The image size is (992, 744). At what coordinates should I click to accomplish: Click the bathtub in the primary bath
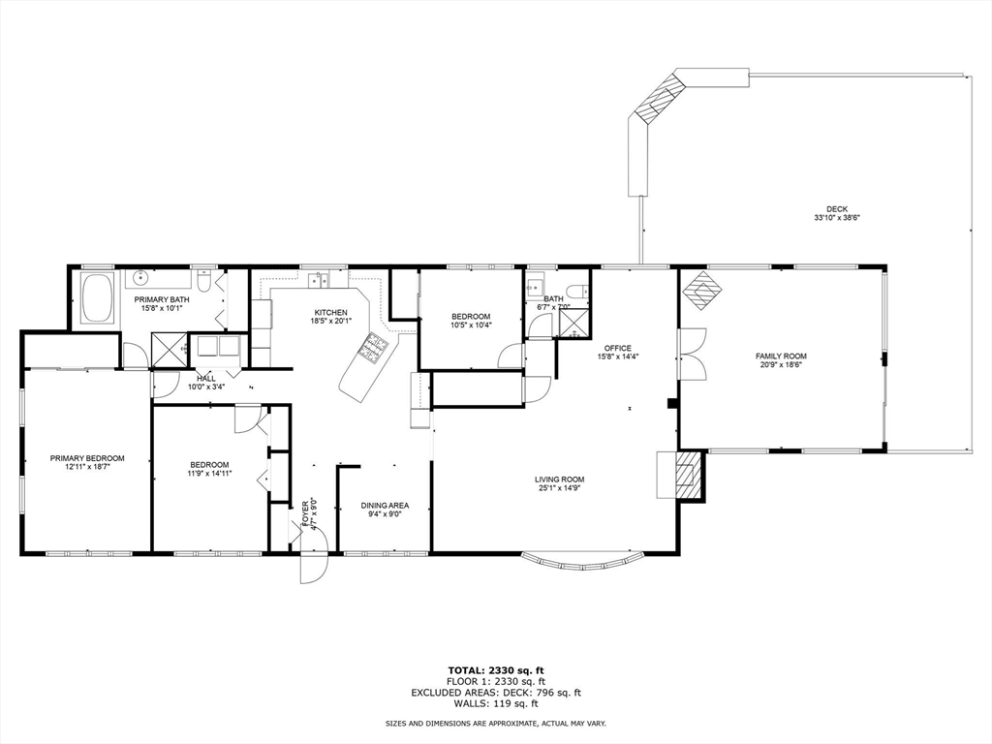pyautogui.click(x=98, y=297)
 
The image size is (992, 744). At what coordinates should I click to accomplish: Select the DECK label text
pyautogui.click(x=837, y=209)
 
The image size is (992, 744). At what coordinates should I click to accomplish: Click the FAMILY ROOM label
pyautogui.click(x=781, y=356)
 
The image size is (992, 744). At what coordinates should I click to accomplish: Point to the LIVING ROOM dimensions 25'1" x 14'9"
pyautogui.click(x=559, y=488)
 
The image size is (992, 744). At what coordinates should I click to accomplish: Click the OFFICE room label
pyautogui.click(x=617, y=348)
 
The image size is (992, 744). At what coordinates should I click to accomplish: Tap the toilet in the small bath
pyautogui.click(x=577, y=291)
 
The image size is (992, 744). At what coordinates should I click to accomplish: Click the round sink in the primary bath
pyautogui.click(x=139, y=277)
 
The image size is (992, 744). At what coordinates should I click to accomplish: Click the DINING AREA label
pyautogui.click(x=385, y=506)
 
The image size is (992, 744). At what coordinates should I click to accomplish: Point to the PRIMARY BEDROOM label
pyautogui.click(x=87, y=458)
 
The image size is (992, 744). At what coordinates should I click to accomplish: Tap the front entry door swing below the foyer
pyautogui.click(x=314, y=557)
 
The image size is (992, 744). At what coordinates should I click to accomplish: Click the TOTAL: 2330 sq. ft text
pyautogui.click(x=496, y=670)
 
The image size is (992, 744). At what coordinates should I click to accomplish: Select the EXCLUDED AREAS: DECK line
pyautogui.click(x=496, y=692)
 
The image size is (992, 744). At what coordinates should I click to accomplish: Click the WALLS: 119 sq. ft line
pyautogui.click(x=496, y=703)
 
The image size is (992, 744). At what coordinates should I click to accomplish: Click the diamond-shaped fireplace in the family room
pyautogui.click(x=702, y=291)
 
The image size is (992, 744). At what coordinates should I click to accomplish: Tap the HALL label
pyautogui.click(x=206, y=379)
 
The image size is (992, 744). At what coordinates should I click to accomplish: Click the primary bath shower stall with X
pyautogui.click(x=170, y=349)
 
